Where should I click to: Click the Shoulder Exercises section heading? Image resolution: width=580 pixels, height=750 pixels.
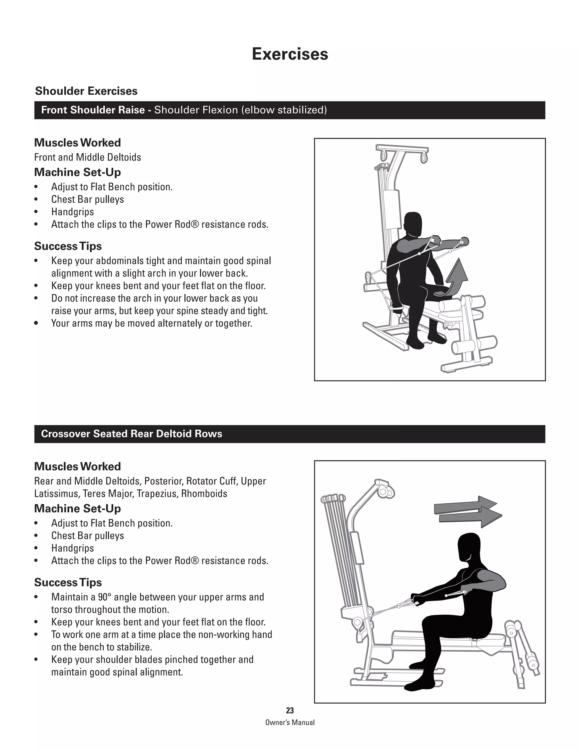(86, 91)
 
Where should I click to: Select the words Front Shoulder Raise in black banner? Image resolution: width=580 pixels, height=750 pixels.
(93, 110)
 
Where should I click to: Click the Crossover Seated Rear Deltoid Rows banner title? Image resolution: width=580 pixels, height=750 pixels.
(132, 434)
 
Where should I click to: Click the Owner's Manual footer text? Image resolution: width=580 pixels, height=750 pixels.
(290, 722)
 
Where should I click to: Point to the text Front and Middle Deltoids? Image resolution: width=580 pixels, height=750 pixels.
(88, 157)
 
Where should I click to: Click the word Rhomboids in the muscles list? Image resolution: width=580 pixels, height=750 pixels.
(204, 494)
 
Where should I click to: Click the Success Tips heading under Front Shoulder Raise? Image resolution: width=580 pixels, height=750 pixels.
(68, 246)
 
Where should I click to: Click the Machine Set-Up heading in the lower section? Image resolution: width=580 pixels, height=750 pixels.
(78, 508)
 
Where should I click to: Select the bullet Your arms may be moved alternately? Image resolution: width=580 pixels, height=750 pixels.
(152, 323)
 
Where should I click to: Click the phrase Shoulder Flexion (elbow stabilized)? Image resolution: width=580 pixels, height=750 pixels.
(240, 110)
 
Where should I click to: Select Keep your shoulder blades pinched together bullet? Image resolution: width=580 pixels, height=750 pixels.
(152, 659)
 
